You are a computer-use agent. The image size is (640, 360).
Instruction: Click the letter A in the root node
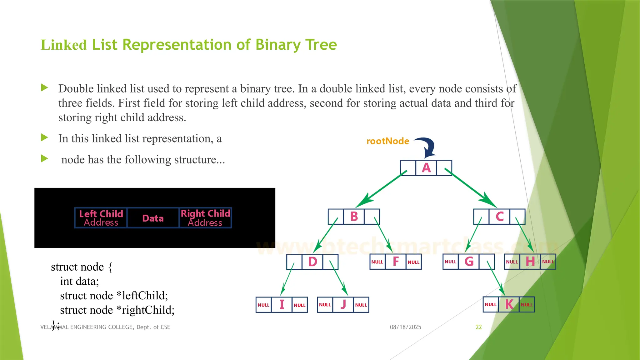click(x=426, y=168)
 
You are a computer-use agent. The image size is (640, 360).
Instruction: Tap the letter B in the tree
click(x=354, y=217)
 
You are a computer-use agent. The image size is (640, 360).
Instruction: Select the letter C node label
click(x=500, y=217)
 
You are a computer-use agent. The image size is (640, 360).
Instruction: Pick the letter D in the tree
click(x=312, y=262)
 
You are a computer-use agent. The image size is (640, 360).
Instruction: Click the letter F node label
click(x=396, y=262)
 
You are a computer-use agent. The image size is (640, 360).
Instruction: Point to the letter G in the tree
click(x=469, y=262)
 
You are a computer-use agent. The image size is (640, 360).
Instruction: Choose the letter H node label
click(x=530, y=262)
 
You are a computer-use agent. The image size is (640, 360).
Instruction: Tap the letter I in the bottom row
click(x=282, y=305)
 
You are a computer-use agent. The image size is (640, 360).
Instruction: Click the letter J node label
click(x=343, y=305)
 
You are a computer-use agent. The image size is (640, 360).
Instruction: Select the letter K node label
click(x=509, y=304)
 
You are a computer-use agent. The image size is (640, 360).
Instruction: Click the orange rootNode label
click(x=388, y=141)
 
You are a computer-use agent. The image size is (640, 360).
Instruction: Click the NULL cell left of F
click(x=377, y=262)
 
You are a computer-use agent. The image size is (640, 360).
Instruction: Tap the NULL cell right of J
click(x=361, y=305)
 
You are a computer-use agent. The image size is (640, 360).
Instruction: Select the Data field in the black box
click(x=153, y=218)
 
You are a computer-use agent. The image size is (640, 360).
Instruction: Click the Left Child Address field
click(x=101, y=218)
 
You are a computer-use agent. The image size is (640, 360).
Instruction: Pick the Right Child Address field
click(x=205, y=218)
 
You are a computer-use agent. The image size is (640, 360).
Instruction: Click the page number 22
click(x=479, y=327)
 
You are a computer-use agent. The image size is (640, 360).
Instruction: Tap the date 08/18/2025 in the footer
click(x=405, y=327)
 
